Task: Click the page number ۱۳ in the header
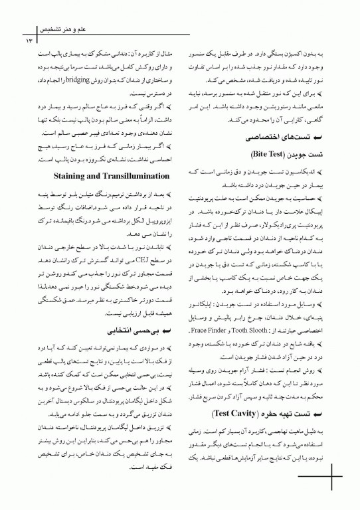pos(29,41)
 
